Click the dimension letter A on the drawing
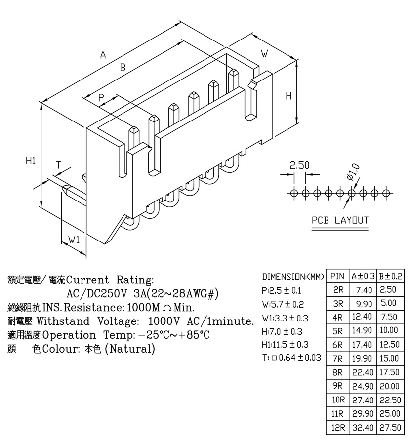coord(103,55)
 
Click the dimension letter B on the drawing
coord(123,68)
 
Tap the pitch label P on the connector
coord(101,98)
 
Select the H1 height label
coord(31,161)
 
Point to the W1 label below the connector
coord(74,240)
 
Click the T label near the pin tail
coord(58,165)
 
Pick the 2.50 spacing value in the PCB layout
coord(299,165)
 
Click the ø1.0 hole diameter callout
coord(353,172)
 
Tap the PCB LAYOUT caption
coord(340,220)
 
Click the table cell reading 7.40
coord(364,290)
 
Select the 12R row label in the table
coord(338,428)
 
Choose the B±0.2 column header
coord(391,276)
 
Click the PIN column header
coord(337,276)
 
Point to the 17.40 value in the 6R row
coord(363,345)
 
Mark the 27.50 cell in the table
coord(390,428)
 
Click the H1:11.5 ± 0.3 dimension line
coord(285,345)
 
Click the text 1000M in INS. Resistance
coord(144,307)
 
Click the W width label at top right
coord(264,53)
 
